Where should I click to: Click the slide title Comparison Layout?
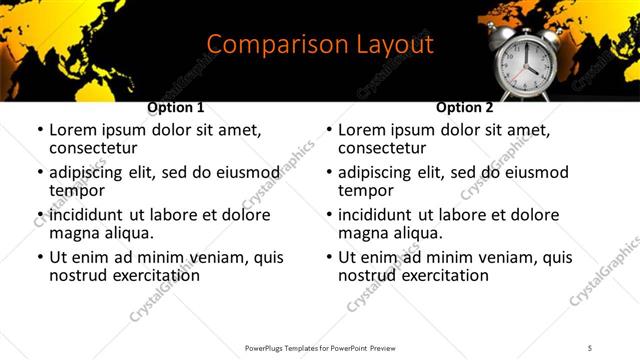tap(320, 45)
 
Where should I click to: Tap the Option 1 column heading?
tap(176, 107)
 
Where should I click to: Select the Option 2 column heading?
tap(465, 107)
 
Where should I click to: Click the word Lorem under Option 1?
tap(76, 130)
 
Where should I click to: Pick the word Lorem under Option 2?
tap(365, 130)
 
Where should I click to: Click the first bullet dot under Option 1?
tap(39, 131)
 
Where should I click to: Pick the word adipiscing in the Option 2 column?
tap(378, 172)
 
